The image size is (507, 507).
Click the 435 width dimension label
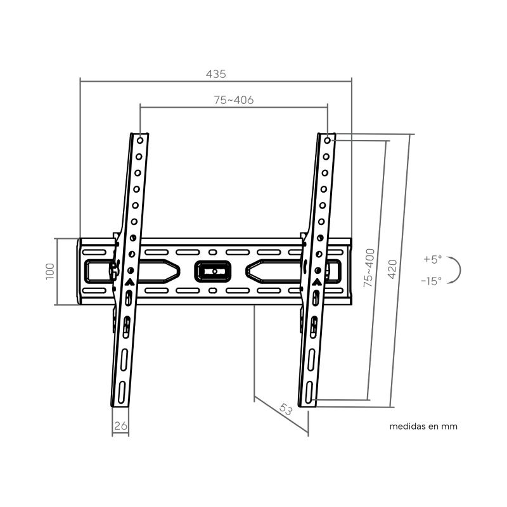point(215,74)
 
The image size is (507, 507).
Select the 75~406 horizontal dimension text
point(233,100)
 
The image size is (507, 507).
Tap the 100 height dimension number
point(50,271)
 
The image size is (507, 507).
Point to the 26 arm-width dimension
point(120,426)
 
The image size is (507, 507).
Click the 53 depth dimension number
point(286,409)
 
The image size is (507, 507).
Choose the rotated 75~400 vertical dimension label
point(369,267)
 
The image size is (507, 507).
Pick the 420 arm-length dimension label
point(392,269)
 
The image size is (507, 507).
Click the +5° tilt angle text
point(433,259)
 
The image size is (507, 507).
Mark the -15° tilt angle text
point(431,281)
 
